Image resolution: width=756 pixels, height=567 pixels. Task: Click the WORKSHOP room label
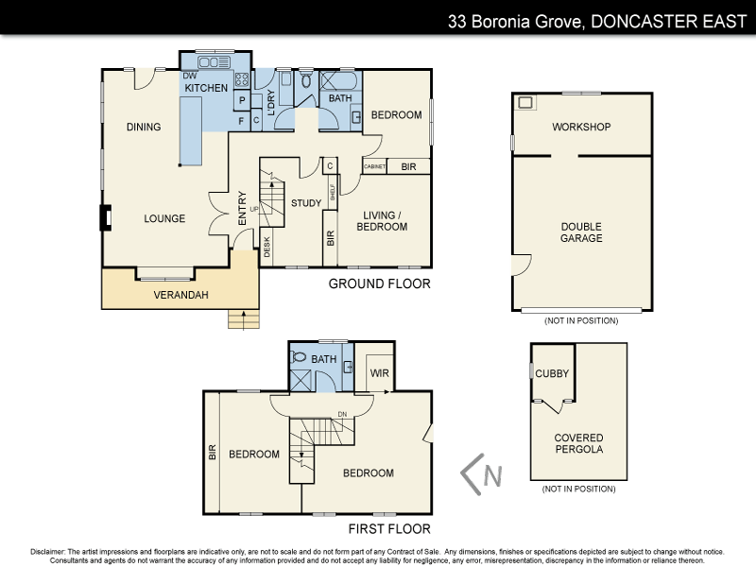[581, 127]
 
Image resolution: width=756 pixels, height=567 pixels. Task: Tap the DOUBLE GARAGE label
[581, 232]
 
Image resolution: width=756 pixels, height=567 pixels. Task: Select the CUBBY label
[552, 373]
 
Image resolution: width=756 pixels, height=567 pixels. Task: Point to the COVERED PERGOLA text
[578, 444]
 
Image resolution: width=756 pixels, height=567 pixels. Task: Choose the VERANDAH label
[180, 295]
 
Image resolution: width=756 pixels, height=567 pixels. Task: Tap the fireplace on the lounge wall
[106, 218]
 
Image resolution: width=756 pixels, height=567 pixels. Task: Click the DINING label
[144, 128]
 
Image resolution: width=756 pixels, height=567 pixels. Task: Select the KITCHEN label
[206, 88]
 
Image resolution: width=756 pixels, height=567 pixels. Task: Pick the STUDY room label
[306, 202]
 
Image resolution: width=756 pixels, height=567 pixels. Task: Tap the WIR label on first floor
[380, 372]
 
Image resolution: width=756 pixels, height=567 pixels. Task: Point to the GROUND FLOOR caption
[379, 283]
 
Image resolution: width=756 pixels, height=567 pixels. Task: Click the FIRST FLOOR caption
[388, 529]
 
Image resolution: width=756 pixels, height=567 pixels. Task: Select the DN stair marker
[342, 413]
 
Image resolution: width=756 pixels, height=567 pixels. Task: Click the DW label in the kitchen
[189, 76]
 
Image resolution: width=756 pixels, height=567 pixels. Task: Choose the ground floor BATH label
[339, 98]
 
